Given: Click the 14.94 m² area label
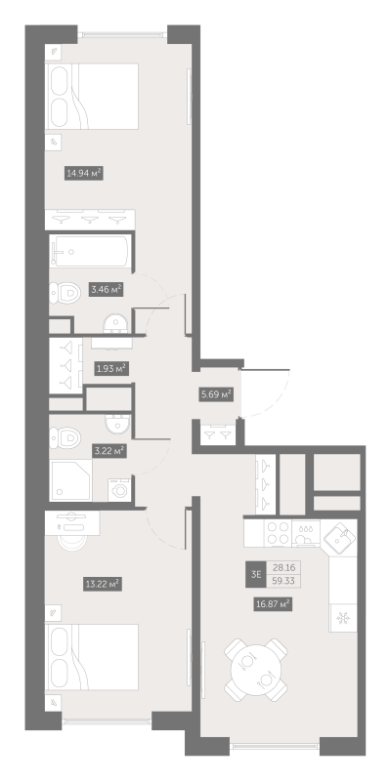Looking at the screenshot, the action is coord(84,174).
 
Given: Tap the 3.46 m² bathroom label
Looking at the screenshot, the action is coord(107,289).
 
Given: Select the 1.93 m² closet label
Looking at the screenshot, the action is coord(111,369).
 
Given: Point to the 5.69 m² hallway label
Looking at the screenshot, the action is coord(216,394).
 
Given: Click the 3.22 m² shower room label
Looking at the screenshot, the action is coord(109,451).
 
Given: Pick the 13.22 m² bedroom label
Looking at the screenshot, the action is coord(103,584).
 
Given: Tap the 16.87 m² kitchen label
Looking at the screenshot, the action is coord(273,604).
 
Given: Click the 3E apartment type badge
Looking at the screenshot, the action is coord(256,574).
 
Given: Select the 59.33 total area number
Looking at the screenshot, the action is coord(283,581).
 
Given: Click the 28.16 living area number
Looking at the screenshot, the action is coord(283,568).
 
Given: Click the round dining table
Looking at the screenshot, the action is coord(255,670).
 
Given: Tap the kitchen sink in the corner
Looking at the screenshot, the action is coord(339,538).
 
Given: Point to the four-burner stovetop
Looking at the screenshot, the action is coord(279,532).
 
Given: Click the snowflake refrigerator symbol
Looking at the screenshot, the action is coord(343,618).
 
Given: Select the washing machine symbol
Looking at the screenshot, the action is coord(119,490).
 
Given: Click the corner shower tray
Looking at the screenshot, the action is coord(70,480).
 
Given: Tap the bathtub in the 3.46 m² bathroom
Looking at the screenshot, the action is coord(90,252).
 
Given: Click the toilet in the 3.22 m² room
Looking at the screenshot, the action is coord(65,437).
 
